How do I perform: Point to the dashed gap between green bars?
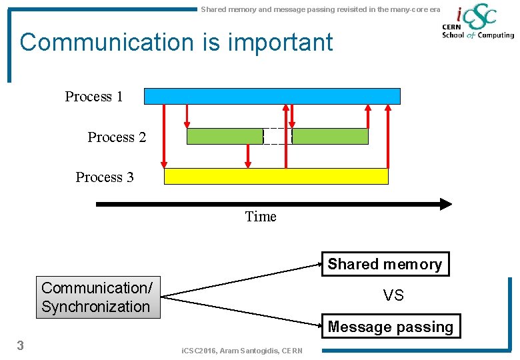click(x=277, y=136)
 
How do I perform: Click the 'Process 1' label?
click(x=94, y=97)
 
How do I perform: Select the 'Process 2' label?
click(x=117, y=137)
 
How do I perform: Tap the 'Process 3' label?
click(x=105, y=177)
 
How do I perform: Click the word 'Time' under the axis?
click(x=261, y=217)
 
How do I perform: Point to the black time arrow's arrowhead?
click(x=445, y=204)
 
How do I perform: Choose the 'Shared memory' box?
click(x=385, y=264)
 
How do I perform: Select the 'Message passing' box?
click(x=391, y=327)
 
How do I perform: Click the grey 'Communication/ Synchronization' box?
click(x=97, y=297)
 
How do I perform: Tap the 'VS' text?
click(x=393, y=295)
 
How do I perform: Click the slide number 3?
click(x=21, y=345)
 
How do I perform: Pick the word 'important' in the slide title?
click(x=281, y=42)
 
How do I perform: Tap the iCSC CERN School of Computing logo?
click(x=477, y=23)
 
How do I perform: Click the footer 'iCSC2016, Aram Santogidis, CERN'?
click(x=242, y=351)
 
